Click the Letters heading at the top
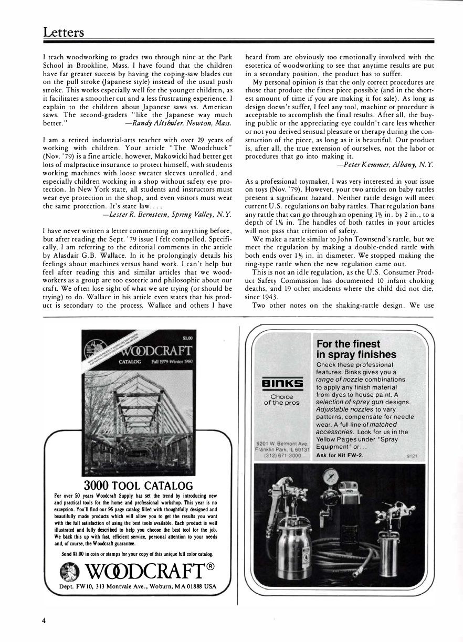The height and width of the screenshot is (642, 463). click(x=64, y=32)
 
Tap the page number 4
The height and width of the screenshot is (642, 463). click(x=44, y=620)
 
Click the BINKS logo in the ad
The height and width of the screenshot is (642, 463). click(x=281, y=383)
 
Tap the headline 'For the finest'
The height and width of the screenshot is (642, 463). click(x=349, y=344)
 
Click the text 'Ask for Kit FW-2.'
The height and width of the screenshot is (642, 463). click(x=340, y=455)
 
